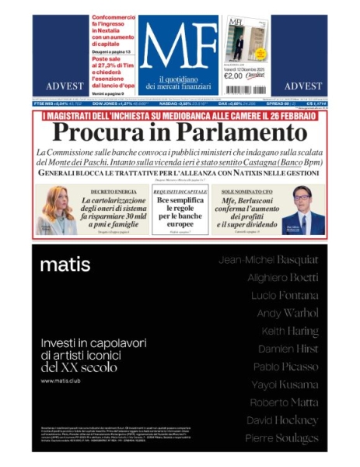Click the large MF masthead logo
coord(179,48)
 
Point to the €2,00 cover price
coord(234,76)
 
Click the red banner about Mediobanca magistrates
coord(180,115)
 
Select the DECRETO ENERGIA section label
coord(114,191)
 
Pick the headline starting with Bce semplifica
coord(180,210)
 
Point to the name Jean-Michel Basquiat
coord(268,259)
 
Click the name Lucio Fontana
coord(285,295)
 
